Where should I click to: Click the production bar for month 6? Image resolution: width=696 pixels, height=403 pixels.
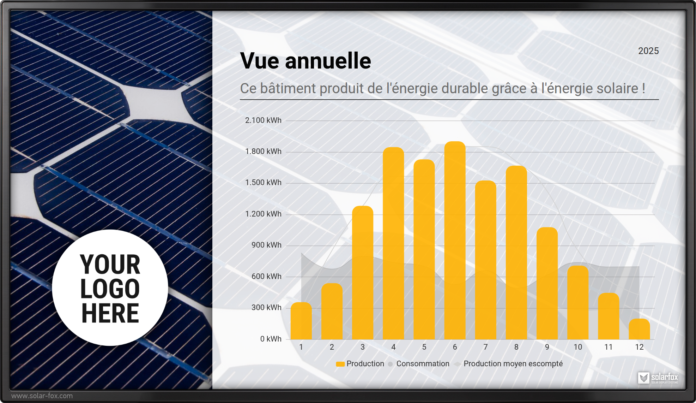(455, 241)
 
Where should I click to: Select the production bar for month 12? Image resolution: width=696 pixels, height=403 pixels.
(639, 329)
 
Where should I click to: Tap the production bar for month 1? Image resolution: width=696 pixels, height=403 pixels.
(301, 321)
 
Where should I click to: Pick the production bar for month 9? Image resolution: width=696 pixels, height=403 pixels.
(547, 284)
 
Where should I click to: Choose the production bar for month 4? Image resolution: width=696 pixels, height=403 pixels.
(393, 243)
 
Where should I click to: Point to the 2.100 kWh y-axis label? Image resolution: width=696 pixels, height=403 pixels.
(263, 120)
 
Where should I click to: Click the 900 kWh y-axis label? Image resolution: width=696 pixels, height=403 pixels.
(266, 245)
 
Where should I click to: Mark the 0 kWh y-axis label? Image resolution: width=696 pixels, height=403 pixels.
(271, 339)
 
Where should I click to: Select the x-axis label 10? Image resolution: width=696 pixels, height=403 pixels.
(578, 347)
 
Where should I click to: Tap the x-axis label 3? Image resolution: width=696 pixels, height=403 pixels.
(363, 347)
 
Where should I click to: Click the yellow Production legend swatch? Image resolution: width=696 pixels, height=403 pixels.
(340, 364)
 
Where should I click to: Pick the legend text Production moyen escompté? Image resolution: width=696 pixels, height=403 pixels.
(513, 364)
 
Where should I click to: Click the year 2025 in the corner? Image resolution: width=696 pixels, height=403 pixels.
(648, 51)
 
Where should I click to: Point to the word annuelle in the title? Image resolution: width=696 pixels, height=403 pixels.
(328, 61)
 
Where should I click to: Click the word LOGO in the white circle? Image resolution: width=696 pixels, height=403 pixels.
(110, 289)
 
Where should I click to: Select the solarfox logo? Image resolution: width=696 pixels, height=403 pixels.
(658, 378)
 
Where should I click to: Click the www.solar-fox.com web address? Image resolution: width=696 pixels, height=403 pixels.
(42, 396)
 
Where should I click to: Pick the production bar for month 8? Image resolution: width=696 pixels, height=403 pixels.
(516, 253)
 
